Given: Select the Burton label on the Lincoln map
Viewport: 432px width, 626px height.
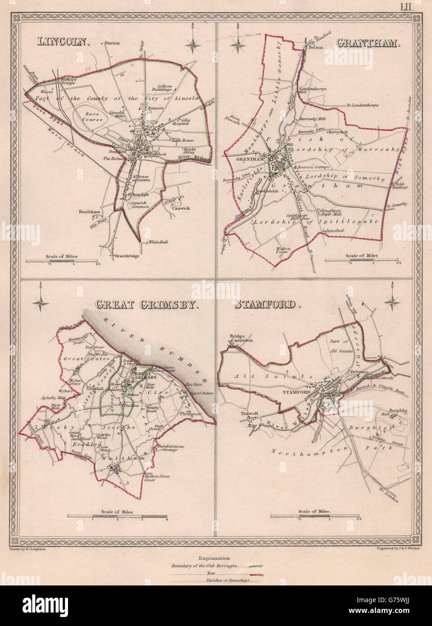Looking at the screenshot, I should point(112,44).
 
